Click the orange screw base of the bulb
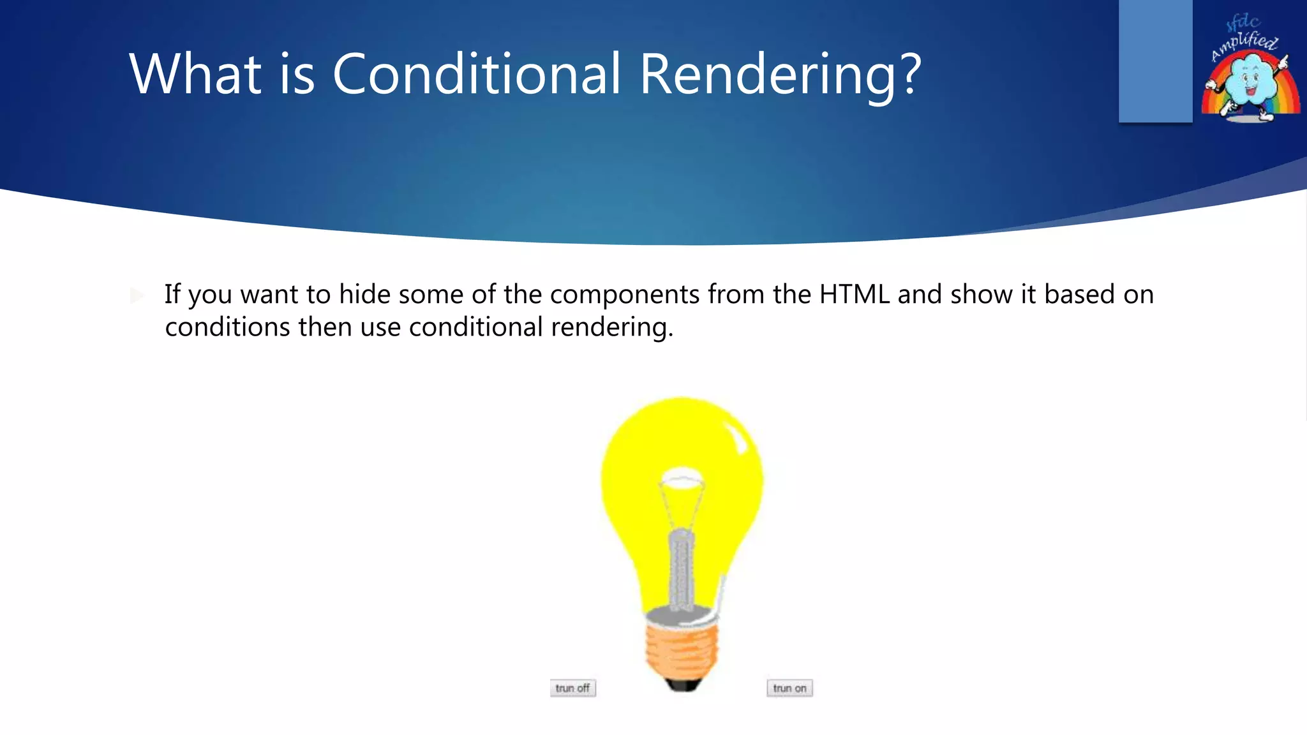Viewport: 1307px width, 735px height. tap(682, 651)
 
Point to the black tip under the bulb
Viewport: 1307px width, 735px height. tap(682, 685)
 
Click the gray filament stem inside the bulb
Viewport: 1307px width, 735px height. tap(681, 568)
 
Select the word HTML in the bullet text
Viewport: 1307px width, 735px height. tap(854, 295)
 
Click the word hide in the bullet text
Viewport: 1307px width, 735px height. tap(364, 295)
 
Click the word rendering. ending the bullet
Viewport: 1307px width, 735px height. tap(612, 327)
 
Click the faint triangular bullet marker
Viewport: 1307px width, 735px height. tap(137, 295)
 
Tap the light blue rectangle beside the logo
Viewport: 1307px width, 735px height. tap(1155, 61)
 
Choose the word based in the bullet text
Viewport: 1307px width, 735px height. tap(1079, 295)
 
